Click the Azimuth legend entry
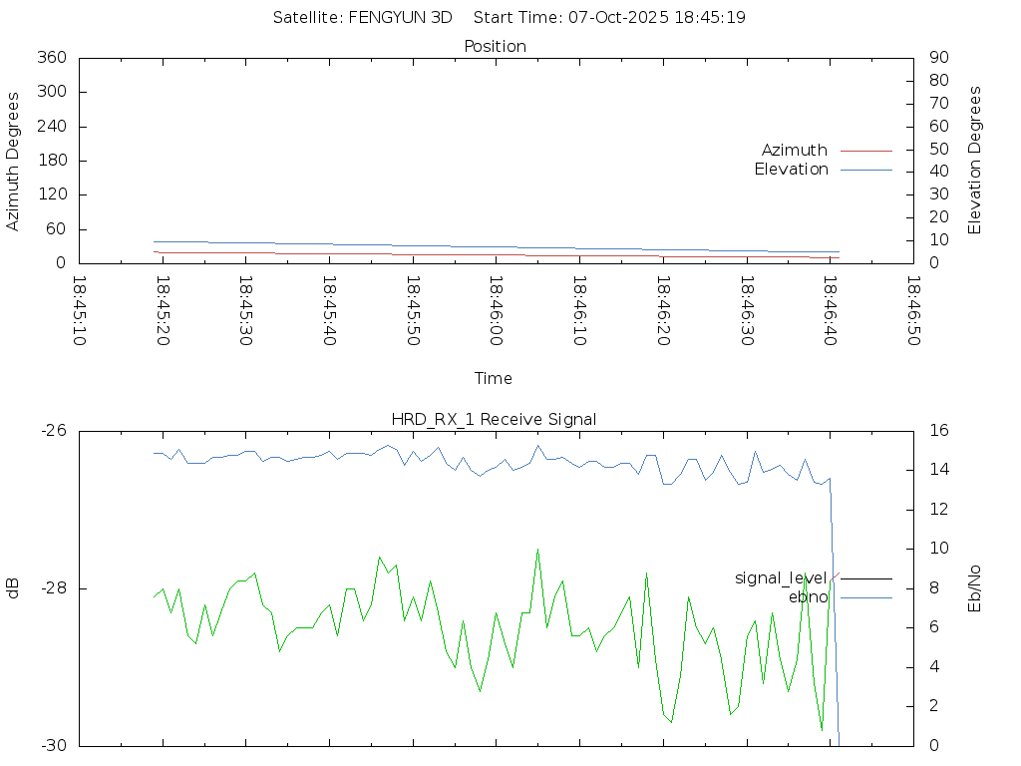pyautogui.click(x=795, y=151)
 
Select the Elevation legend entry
pyautogui.click(x=792, y=170)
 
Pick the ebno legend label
pyautogui.click(x=809, y=597)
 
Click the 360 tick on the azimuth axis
pyautogui.click(x=52, y=58)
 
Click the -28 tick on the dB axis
pyautogui.click(x=52, y=588)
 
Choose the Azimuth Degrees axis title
pyautogui.click(x=14, y=161)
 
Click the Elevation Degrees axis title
pyautogui.click(x=975, y=161)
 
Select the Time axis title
pyautogui.click(x=494, y=379)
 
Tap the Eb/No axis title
pyautogui.click(x=975, y=588)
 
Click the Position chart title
pyautogui.click(x=496, y=47)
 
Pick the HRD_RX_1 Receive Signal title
pyautogui.click(x=495, y=419)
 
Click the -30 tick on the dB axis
pyautogui.click(x=52, y=745)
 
